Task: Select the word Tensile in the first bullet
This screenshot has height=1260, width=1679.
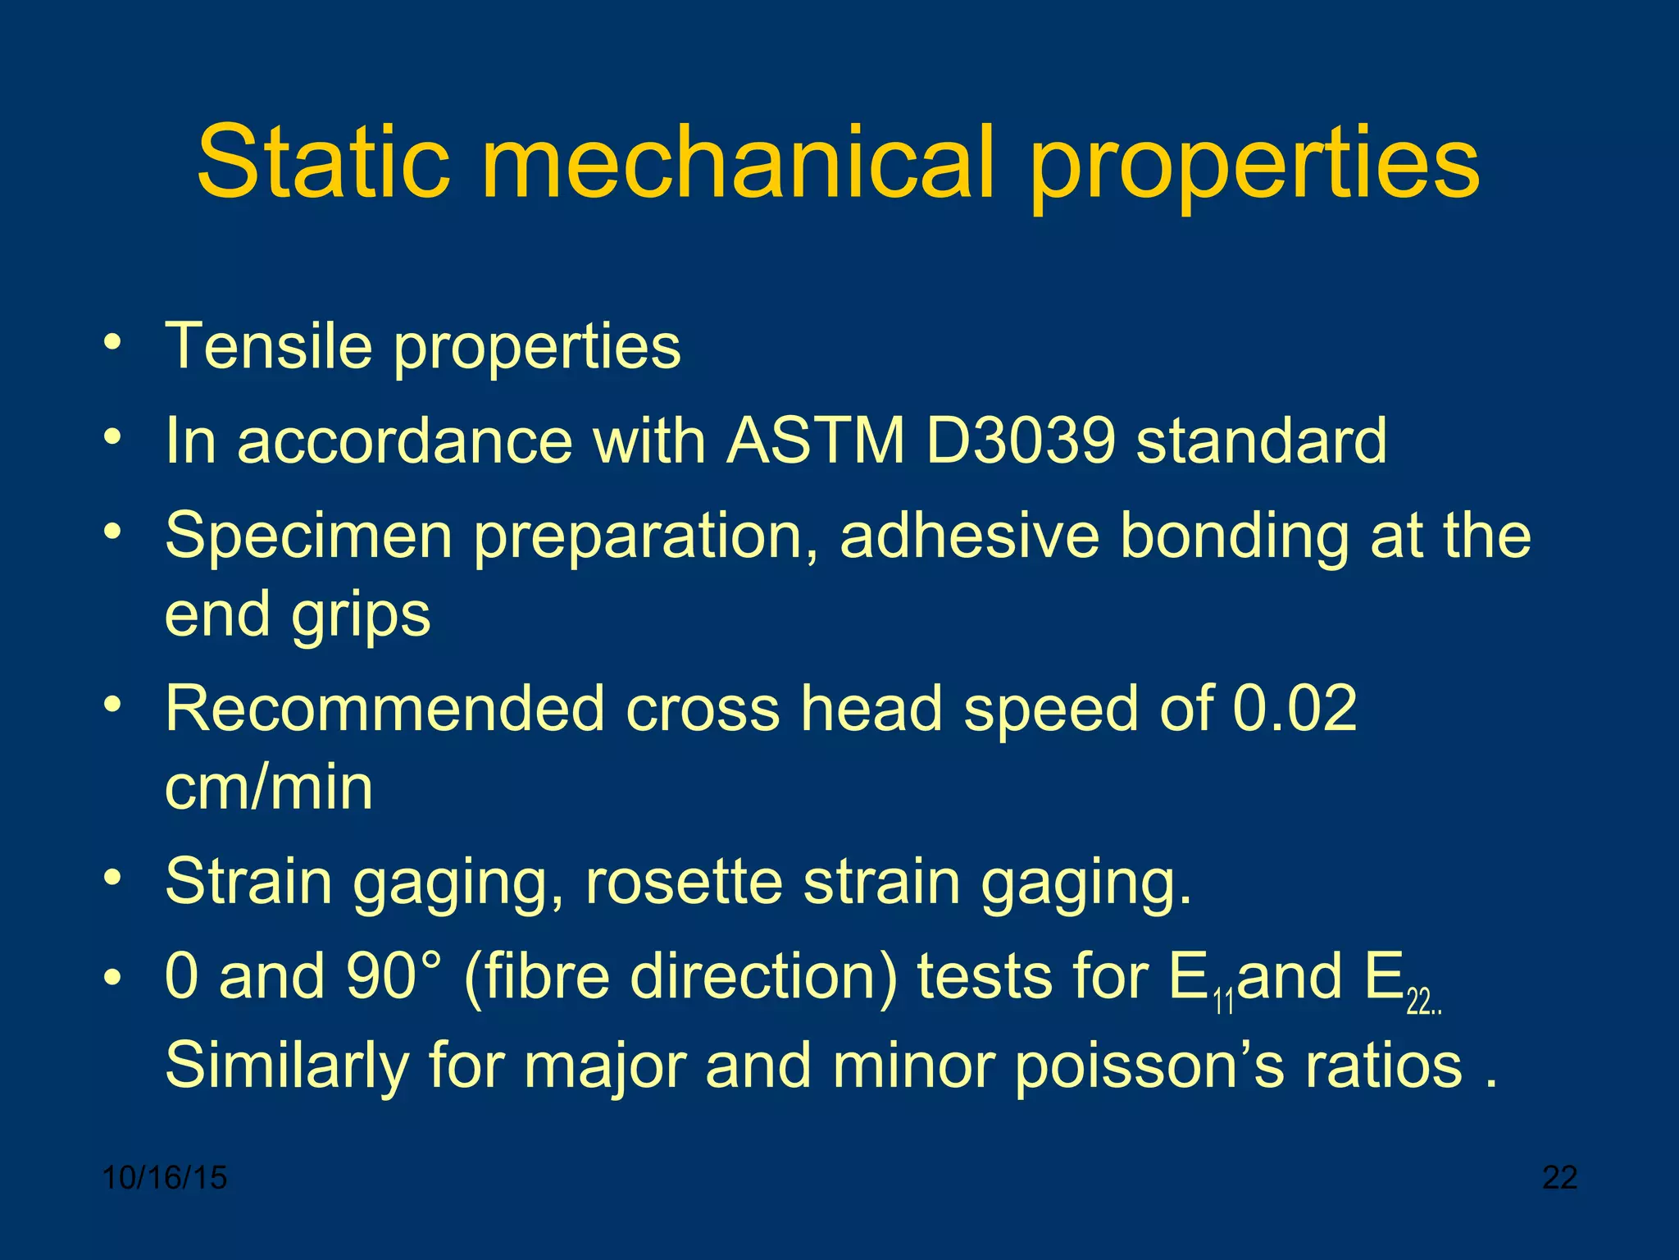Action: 270,345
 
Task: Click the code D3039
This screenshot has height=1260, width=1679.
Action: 1020,441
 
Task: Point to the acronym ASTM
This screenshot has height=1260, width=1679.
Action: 816,441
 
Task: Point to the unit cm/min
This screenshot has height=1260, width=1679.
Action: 269,787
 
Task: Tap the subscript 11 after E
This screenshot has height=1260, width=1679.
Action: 1223,1002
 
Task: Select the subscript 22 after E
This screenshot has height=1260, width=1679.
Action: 1417,1002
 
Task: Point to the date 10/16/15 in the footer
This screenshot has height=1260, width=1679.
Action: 165,1178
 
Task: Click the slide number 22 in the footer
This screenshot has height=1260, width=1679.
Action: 1559,1178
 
